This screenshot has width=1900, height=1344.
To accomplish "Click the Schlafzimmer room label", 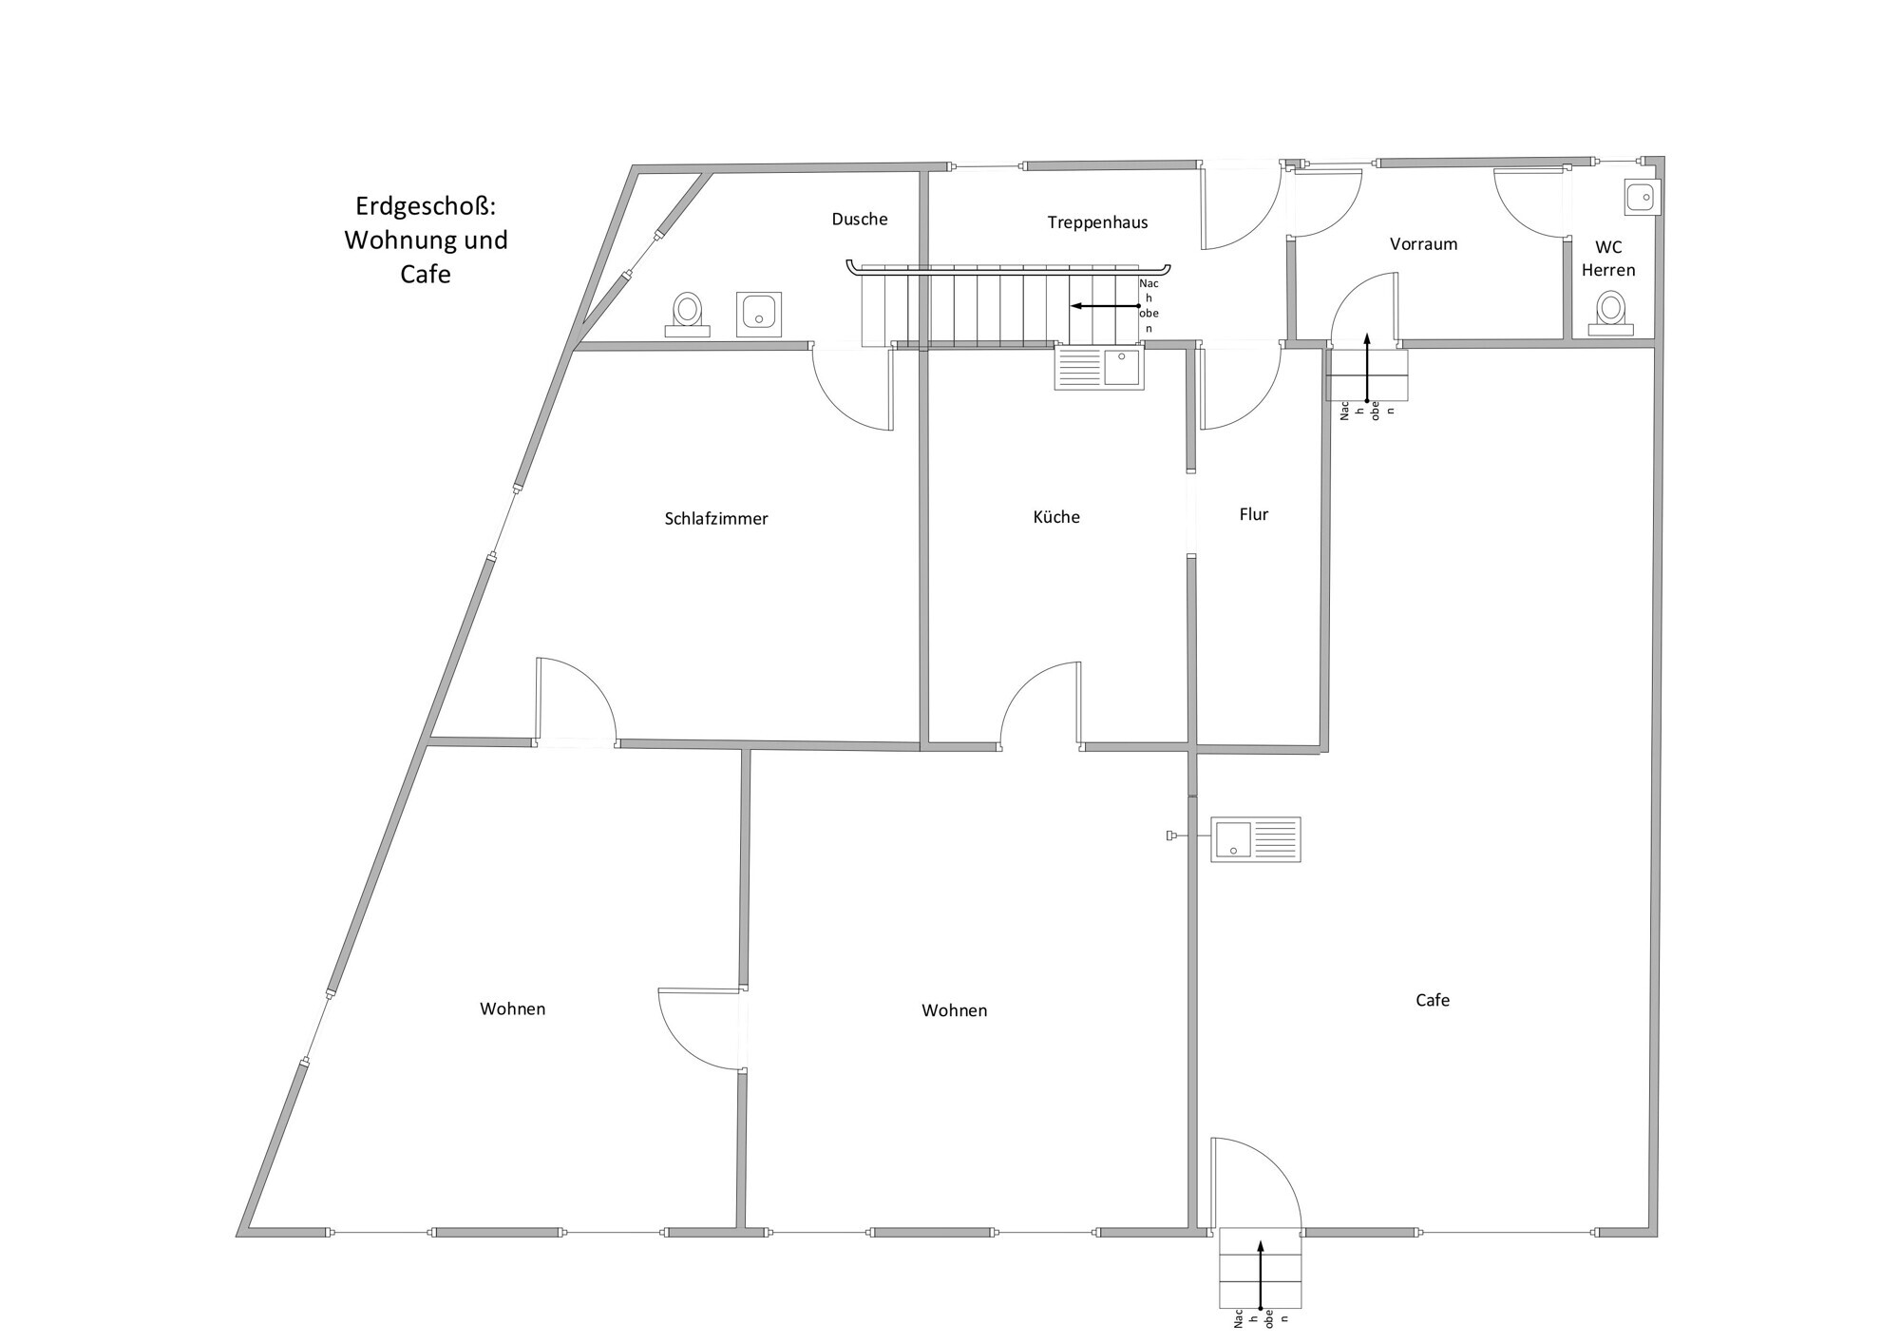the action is [716, 519].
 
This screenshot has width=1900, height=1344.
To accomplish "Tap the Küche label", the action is [1056, 517].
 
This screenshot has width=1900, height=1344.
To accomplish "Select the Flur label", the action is [1254, 514].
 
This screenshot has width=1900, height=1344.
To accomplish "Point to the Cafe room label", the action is [1433, 1000].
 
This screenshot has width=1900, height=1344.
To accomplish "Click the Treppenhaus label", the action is [1097, 222].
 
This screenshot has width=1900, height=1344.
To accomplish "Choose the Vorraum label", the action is [1423, 244].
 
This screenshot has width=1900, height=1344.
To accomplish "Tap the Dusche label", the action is [860, 220].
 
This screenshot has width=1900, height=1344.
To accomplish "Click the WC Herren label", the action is [1608, 259].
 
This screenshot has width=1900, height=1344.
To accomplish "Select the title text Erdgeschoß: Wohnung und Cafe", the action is [426, 240].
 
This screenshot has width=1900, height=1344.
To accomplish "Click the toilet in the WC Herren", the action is [1609, 315].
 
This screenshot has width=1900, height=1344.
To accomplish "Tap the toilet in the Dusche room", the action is [687, 315].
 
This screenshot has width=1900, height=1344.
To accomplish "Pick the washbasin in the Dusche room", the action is [759, 314].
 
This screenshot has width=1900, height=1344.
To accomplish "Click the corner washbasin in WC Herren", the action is [1642, 198].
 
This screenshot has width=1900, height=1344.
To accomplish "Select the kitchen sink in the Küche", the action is [1099, 368].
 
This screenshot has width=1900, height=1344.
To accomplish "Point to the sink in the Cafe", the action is [1255, 839].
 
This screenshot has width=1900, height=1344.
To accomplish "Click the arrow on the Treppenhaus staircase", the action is [1106, 306].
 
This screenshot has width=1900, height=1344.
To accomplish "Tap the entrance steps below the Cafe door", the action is [1260, 1268].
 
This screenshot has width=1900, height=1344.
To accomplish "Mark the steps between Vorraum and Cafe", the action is [1366, 374].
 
